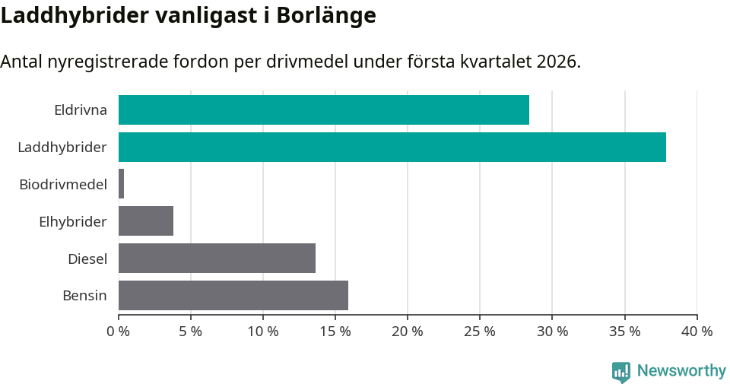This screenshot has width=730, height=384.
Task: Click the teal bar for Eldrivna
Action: point(323,110)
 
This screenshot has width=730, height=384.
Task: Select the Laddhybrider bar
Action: point(392,148)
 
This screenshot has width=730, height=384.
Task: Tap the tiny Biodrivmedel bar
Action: point(122,185)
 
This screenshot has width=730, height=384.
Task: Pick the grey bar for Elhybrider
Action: point(146,221)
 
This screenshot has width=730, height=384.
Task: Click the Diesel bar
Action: point(217,259)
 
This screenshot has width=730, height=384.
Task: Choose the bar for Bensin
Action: point(233,296)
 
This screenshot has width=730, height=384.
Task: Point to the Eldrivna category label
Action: point(81,110)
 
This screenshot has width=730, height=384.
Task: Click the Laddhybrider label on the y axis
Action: point(62,148)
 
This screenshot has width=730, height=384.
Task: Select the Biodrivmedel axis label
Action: point(63,185)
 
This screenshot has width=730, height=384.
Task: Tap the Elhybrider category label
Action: point(73,222)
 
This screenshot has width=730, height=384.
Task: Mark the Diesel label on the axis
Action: point(87,259)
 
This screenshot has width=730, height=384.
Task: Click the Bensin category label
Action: point(84,296)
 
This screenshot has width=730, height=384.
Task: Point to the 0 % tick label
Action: point(119,332)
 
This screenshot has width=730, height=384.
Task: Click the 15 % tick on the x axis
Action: point(335,332)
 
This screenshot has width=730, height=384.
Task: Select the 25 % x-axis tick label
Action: point(480,332)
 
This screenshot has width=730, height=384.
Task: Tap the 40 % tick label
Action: point(697,332)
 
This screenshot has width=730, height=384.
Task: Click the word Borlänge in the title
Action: point(328,15)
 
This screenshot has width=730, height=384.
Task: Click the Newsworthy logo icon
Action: point(621,371)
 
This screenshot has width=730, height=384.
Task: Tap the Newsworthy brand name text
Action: point(681,371)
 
